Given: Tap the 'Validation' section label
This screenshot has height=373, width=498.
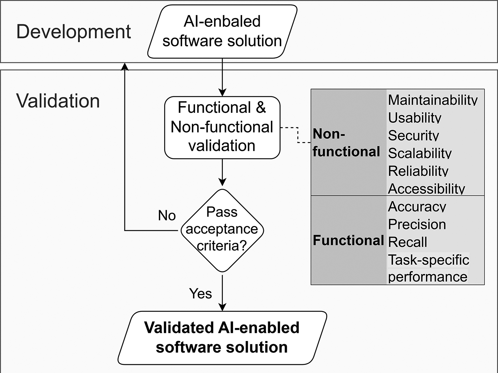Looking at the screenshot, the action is click(x=58, y=101).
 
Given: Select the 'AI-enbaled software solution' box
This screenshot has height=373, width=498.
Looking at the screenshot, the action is click(x=222, y=32).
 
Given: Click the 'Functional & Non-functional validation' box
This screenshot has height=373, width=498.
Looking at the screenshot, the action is click(x=222, y=128).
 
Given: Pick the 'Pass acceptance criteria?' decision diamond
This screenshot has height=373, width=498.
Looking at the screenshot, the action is click(x=222, y=230).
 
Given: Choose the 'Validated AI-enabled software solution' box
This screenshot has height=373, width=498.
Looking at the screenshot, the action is click(x=222, y=337).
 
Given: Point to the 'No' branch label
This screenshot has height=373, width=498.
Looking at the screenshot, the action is click(x=167, y=215).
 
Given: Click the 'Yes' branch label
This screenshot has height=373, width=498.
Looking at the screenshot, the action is click(x=200, y=293).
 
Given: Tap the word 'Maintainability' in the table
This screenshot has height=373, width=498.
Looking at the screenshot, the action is click(x=433, y=100).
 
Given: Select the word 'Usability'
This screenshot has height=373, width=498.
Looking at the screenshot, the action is click(x=414, y=117).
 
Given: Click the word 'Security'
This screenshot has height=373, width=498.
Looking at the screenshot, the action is click(x=413, y=135).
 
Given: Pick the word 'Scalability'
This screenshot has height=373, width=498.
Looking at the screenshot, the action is click(x=420, y=153).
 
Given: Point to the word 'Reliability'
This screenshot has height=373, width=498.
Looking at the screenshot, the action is click(x=418, y=171).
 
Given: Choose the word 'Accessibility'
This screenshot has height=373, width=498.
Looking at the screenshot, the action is click(x=426, y=189).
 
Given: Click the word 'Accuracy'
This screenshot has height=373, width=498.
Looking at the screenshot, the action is click(x=417, y=206).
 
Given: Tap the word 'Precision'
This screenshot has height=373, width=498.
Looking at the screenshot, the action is click(x=417, y=224).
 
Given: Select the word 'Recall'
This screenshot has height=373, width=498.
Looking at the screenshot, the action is click(x=407, y=242).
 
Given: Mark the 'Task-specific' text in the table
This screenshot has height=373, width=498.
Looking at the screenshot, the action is click(x=428, y=260).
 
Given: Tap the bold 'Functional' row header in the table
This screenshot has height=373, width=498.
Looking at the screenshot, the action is click(x=348, y=240).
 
